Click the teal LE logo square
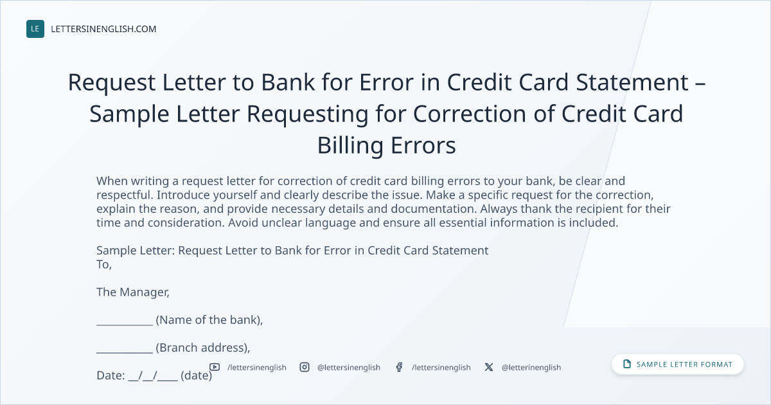pyautogui.click(x=35, y=29)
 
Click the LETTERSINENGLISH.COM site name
pyautogui.click(x=103, y=29)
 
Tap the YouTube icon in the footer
pyautogui.click(x=215, y=367)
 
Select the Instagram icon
pyautogui.click(x=305, y=367)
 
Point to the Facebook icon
pyautogui.click(x=399, y=367)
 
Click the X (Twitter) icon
pyautogui.click(x=489, y=367)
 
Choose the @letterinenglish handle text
pyautogui.click(x=531, y=368)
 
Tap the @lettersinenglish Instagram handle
pyautogui.click(x=349, y=368)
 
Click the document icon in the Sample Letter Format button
pyautogui.click(x=627, y=364)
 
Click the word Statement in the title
pyautogui.click(x=632, y=82)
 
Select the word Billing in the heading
pyautogui.click(x=350, y=146)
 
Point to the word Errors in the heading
pyautogui.click(x=423, y=145)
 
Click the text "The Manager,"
pyautogui.click(x=133, y=292)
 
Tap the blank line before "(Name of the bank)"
pyautogui.click(x=125, y=325)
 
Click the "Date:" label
pyautogui.click(x=111, y=375)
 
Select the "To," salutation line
pyautogui.click(x=104, y=264)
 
